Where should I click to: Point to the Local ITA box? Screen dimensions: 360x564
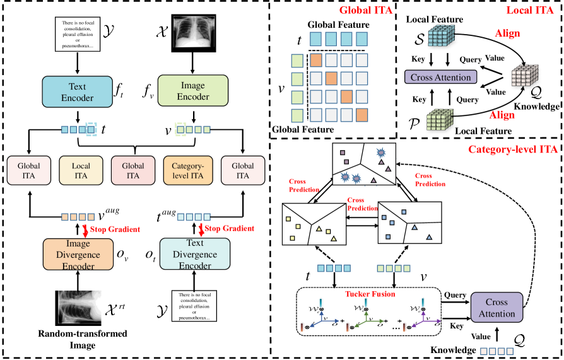tap(81, 170)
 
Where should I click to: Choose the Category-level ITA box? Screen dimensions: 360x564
tap(187, 170)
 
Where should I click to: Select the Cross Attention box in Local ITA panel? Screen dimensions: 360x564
tap(440, 78)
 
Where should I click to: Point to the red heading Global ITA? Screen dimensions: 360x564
tap(364, 11)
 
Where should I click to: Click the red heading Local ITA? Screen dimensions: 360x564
tap(532, 11)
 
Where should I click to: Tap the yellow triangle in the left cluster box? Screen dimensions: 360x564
tap(319, 229)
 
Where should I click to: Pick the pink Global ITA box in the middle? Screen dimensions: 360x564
tap(134, 170)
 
